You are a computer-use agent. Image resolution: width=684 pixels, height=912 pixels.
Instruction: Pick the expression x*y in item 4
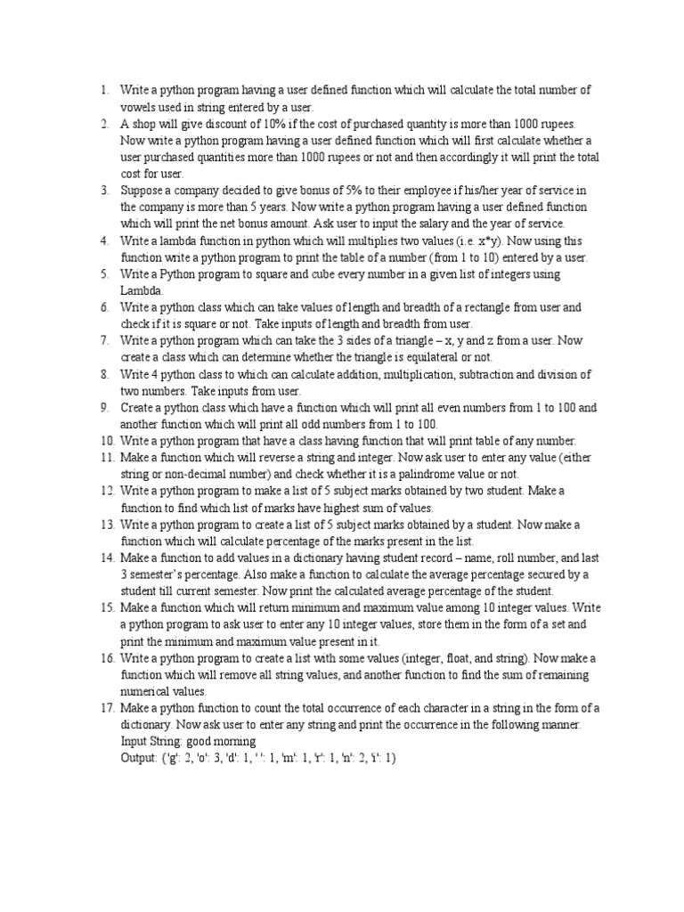[501, 240]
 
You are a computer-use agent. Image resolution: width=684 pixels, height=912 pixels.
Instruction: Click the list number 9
[104, 407]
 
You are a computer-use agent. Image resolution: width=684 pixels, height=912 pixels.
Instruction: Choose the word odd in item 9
[326, 424]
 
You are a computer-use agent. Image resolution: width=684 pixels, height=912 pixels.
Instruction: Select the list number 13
[107, 525]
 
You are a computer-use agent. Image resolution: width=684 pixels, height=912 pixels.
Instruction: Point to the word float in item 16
[453, 658]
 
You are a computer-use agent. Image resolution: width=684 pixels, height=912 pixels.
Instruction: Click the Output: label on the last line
[140, 758]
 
